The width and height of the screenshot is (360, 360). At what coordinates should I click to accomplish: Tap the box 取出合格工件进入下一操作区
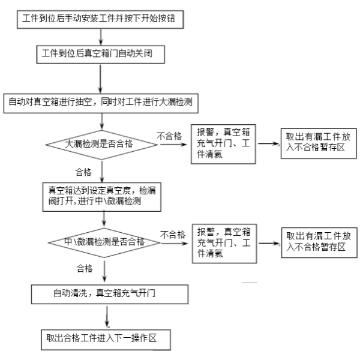105,337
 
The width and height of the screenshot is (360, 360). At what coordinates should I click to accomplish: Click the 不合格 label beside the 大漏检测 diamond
169,136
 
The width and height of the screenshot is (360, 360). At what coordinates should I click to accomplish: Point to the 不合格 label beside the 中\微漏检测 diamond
172,234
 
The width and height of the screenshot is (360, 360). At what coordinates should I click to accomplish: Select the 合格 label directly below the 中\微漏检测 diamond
85,266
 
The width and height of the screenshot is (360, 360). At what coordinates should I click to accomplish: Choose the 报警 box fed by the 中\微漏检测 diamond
224,242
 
